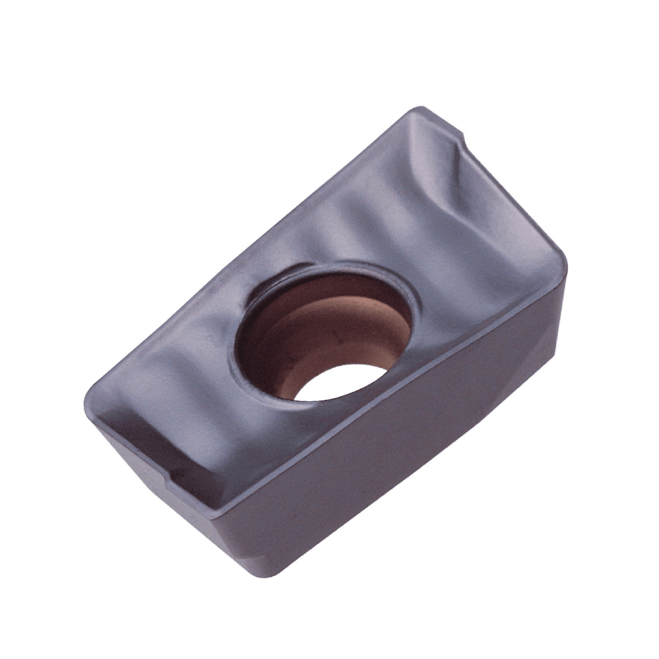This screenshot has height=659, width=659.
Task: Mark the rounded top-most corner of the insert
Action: (x=420, y=108)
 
